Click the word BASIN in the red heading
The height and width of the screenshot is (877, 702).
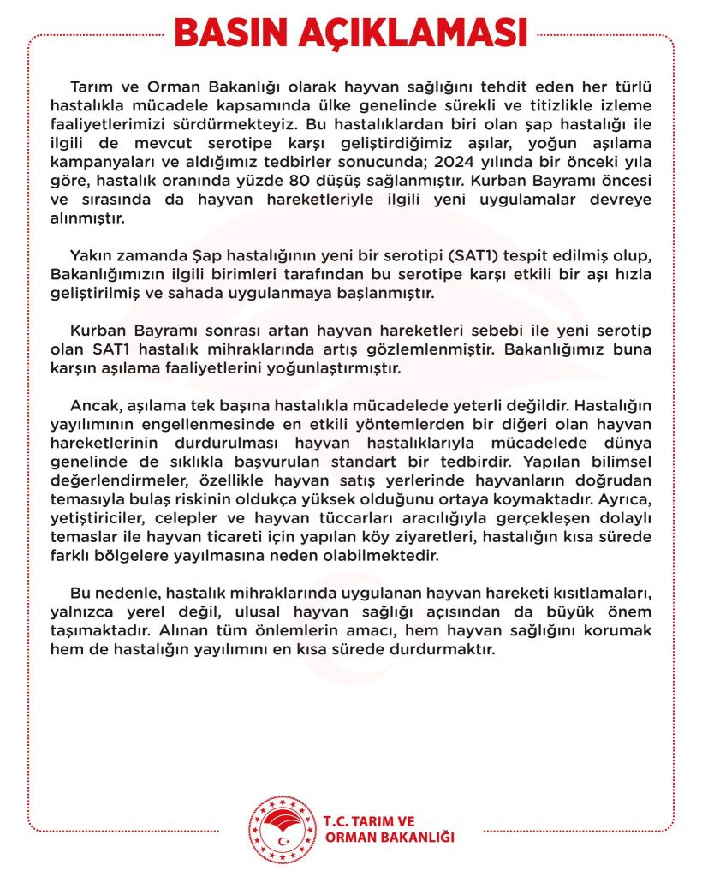click(230, 33)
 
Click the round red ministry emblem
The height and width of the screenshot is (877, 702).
click(281, 828)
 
